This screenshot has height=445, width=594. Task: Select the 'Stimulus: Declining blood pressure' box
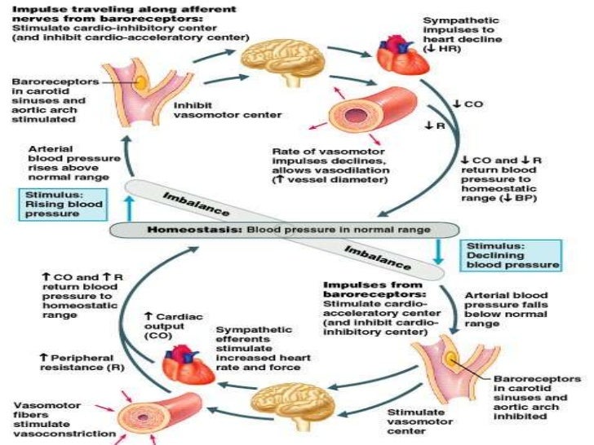point(510,254)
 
